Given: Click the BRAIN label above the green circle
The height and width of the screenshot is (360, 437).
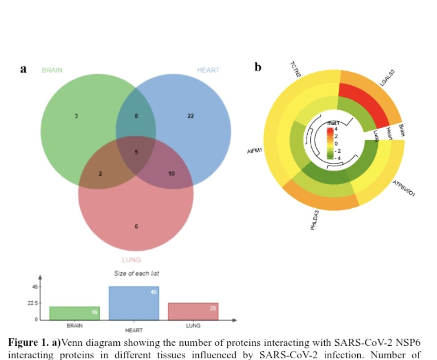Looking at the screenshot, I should (x=52, y=70).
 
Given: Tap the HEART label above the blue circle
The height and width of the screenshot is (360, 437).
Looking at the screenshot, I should (x=208, y=70).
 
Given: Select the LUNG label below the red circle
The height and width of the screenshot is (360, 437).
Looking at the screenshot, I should (x=131, y=260).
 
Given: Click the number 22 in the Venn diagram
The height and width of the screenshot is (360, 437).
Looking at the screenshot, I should (x=190, y=116).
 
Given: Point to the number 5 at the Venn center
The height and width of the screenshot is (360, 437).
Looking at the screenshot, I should (x=136, y=152).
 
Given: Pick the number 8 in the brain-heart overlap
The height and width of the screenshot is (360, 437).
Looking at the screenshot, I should (x=136, y=116).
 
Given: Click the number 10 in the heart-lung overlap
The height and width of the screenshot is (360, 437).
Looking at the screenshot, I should (x=172, y=174).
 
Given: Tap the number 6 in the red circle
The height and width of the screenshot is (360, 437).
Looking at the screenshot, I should (x=136, y=227).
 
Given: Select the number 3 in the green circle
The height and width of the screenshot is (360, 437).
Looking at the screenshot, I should (x=76, y=116).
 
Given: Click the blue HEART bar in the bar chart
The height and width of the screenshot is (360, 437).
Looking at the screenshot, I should (x=134, y=303).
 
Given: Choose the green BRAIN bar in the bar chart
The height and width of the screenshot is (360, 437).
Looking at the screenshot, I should (x=74, y=313).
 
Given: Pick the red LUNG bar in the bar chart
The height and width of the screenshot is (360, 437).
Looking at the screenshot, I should (x=193, y=311).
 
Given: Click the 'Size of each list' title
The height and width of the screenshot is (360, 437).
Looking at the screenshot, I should (x=136, y=273).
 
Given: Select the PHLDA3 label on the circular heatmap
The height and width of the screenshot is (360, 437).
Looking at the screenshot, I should (x=315, y=220).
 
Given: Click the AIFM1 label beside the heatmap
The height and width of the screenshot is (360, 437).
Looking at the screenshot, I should (x=254, y=151).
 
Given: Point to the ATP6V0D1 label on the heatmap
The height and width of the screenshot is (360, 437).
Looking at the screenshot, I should (x=404, y=189).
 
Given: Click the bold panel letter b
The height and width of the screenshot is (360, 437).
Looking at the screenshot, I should (x=258, y=68).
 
